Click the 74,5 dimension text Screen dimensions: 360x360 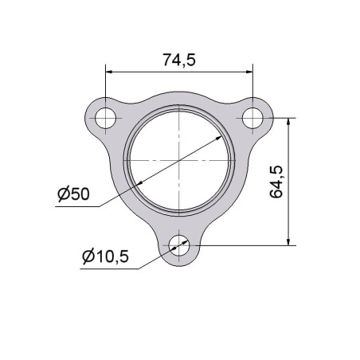[179, 60]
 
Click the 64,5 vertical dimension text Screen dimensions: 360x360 [276, 182]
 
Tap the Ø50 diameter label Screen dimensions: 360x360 [74, 194]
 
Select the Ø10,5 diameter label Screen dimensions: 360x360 [105, 256]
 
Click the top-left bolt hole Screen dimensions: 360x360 [106, 118]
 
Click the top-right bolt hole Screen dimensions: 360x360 [252, 118]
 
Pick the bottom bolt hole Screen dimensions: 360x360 [179, 245]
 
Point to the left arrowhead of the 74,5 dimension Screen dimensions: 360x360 [109, 72]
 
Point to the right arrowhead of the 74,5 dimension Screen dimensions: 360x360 [249, 72]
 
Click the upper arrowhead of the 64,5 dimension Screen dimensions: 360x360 [289, 121]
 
